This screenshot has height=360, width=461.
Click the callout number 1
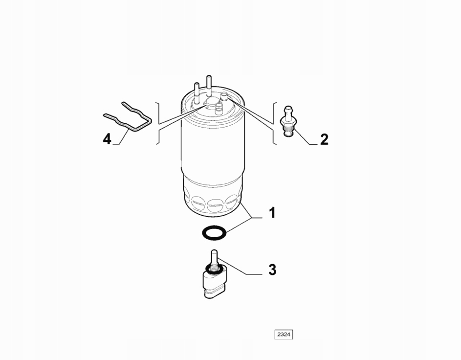[273, 213]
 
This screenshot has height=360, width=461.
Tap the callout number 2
[324, 139]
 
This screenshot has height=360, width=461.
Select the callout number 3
[273, 270]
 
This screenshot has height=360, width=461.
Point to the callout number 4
[107, 139]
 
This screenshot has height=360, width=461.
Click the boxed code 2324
[284, 335]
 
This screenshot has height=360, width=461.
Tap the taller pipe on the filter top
[209, 86]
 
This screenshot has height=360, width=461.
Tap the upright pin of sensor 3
[214, 258]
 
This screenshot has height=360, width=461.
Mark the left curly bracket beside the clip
[158, 124]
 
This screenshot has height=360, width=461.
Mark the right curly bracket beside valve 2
[274, 123]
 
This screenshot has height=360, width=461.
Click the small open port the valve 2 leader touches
[224, 95]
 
